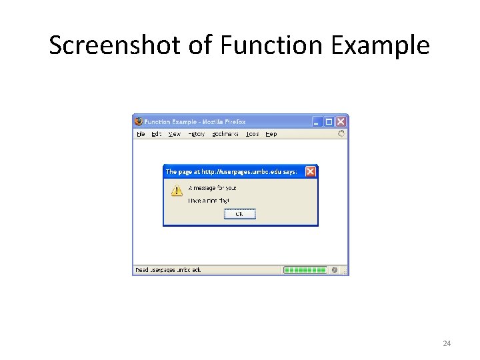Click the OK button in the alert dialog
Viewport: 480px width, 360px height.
tap(240, 214)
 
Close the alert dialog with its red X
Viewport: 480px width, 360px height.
tap(310, 172)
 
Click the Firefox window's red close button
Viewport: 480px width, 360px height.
tap(341, 121)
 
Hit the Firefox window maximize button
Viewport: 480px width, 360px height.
tap(329, 121)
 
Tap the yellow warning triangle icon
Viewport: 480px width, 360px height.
tap(176, 191)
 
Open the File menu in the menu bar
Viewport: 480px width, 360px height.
tap(141, 134)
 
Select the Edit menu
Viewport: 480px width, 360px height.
tap(156, 134)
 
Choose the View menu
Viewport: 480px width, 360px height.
tap(175, 134)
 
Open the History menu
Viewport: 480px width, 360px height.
tap(196, 134)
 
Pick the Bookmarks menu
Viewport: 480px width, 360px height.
tap(225, 134)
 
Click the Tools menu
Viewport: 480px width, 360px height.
tap(252, 134)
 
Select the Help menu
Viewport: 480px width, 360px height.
tap(271, 134)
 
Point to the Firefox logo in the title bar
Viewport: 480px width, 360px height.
tap(139, 121)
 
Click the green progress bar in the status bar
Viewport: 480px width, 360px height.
tap(305, 270)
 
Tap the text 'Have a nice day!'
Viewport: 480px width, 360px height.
tap(209, 200)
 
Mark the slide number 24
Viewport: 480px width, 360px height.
tap(447, 343)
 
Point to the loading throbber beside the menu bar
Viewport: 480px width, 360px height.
tap(341, 134)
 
